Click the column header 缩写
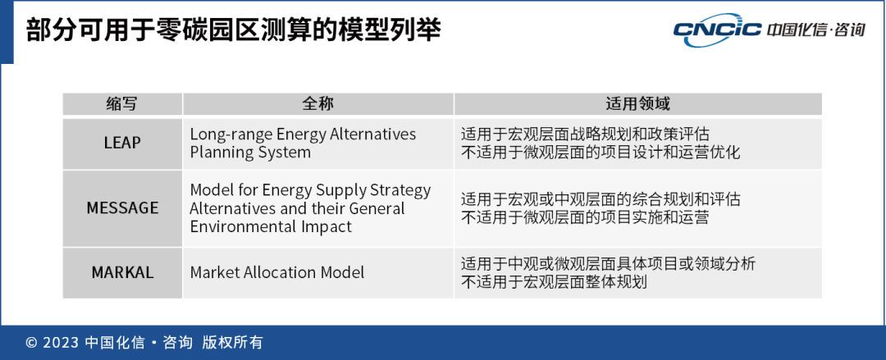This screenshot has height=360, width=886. pyautogui.click(x=122, y=104)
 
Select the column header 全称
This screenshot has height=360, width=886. pyautogui.click(x=318, y=104)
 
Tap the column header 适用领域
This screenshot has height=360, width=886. pyautogui.click(x=637, y=104)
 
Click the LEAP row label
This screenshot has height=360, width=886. pyautogui.click(x=122, y=143)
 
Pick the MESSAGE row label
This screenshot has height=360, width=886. pyautogui.click(x=122, y=208)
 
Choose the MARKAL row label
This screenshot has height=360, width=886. pyautogui.click(x=122, y=272)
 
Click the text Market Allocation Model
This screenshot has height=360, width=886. pyautogui.click(x=277, y=272)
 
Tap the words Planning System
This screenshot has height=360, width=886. pyautogui.click(x=249, y=153)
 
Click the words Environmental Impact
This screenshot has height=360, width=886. pyautogui.click(x=271, y=226)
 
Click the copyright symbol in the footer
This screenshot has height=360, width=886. pyautogui.click(x=32, y=343)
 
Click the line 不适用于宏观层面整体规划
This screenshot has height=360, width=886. pyautogui.click(x=554, y=282)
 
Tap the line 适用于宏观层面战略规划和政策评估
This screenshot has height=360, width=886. pyautogui.click(x=585, y=134)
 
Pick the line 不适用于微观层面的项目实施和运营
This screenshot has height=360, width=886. pyautogui.click(x=585, y=217)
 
